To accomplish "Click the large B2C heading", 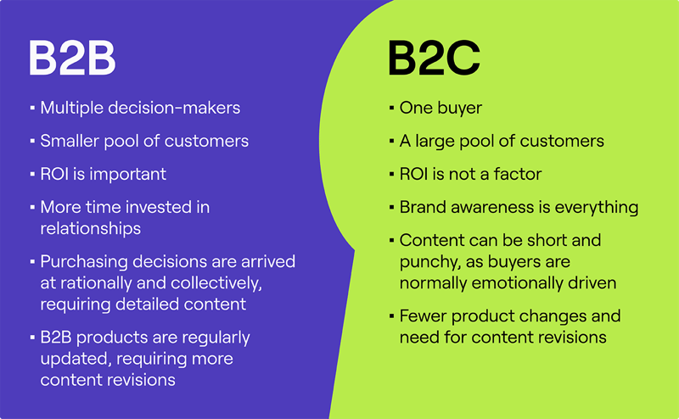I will (x=434, y=58).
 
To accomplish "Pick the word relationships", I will (x=91, y=228).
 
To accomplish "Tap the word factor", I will (x=518, y=174).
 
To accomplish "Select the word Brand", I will (x=422, y=207).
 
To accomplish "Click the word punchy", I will (x=429, y=262).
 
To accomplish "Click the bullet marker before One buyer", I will (x=390, y=109).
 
